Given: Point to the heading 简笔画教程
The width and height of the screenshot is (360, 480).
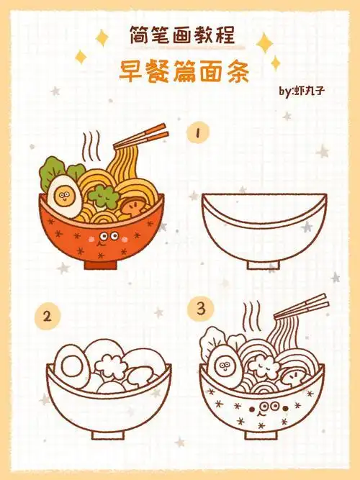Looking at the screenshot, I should click(x=181, y=34).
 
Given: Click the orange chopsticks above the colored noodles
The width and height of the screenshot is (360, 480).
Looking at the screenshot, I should click(x=144, y=138).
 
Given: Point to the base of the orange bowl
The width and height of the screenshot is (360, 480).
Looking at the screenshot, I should click(x=102, y=264).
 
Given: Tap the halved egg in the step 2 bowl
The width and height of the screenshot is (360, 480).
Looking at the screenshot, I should click(x=73, y=366).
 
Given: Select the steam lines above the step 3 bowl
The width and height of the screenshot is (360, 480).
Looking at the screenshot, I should click(x=251, y=315).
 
